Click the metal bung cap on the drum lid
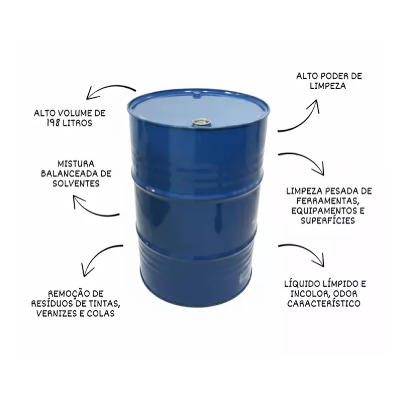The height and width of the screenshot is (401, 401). click(202, 122)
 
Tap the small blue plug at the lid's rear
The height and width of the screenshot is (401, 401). click(196, 95)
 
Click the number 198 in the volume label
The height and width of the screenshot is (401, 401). click(54, 123)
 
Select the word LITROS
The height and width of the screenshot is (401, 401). click(78, 123)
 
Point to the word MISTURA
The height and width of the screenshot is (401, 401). click(76, 164)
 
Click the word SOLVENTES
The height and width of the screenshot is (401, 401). click(76, 183)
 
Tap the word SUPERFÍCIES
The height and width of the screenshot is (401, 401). click(328, 221)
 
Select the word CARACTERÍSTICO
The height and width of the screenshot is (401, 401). click(324, 304)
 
